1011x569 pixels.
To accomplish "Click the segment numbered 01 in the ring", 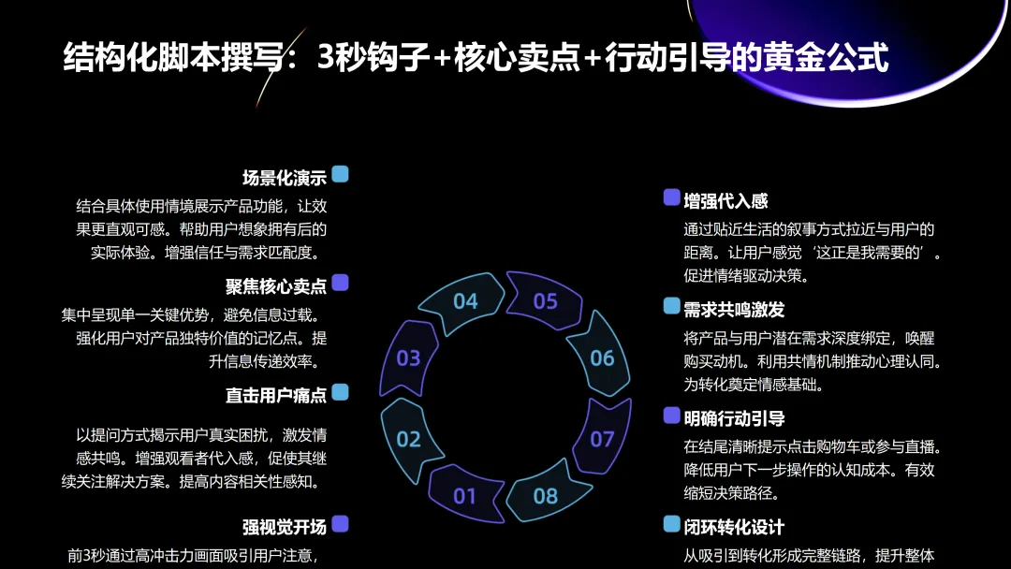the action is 465,495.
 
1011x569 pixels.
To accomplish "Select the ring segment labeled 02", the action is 409,438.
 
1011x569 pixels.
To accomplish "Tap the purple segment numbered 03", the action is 409,357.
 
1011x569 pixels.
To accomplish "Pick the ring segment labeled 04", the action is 465,300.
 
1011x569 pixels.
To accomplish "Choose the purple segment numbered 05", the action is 546,300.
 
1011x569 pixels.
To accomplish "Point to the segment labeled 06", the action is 602,357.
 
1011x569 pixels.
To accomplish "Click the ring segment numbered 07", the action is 602,438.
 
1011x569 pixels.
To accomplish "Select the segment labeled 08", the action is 546,495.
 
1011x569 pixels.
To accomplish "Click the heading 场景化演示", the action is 285,178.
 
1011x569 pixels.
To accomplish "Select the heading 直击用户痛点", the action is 276,396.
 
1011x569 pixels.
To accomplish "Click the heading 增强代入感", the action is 725,200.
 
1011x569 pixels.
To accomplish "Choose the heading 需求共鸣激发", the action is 734,310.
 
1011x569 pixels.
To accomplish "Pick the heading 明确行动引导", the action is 734,418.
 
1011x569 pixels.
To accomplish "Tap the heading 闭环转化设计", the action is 734,528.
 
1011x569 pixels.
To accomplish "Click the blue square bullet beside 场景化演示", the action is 340,174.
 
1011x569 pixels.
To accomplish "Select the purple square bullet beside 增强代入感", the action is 671,197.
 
